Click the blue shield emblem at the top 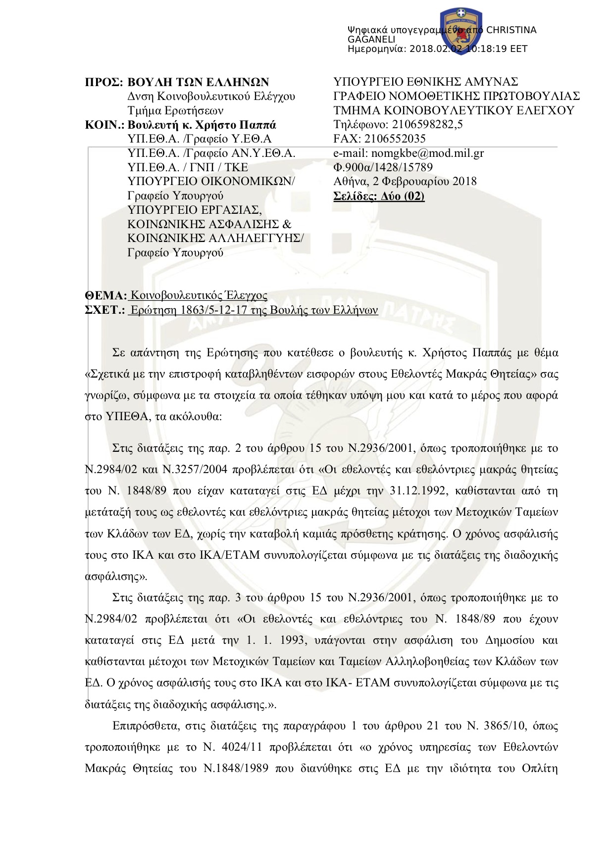click(x=461, y=30)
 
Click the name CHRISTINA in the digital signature click(x=511, y=30)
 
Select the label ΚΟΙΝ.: click(x=104, y=125)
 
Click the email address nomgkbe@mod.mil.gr click(x=427, y=153)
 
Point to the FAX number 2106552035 click(x=394, y=139)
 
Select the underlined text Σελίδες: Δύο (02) click(x=379, y=196)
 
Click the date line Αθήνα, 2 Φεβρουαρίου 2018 click(x=405, y=182)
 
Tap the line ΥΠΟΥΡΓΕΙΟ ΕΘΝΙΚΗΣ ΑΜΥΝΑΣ click(x=425, y=82)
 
